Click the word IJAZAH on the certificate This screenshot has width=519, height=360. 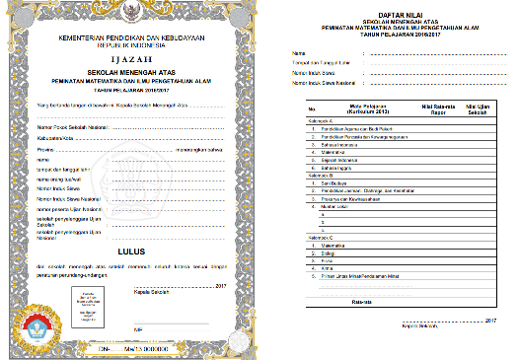[133, 59]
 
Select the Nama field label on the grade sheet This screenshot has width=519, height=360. [299, 51]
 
